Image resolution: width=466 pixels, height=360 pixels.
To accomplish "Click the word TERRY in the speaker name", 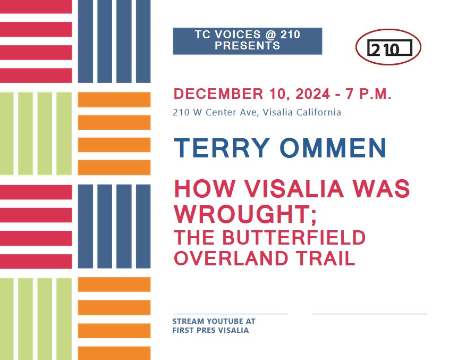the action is pos(222,148).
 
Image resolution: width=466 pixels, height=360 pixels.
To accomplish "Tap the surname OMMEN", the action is pos(333,148).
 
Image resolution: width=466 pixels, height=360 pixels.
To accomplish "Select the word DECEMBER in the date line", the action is pos(218,94).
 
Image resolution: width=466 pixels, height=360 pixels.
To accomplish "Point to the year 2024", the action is pos(312,94).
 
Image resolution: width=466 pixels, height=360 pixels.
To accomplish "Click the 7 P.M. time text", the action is pos(368,94).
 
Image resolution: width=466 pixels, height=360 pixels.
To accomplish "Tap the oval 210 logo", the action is pos(388,47).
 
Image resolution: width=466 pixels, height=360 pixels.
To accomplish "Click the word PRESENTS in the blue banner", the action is pos(247,46).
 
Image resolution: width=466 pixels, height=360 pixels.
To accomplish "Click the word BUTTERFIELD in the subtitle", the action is pos(294,237).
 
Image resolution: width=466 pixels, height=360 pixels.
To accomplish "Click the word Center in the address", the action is pos(219,112).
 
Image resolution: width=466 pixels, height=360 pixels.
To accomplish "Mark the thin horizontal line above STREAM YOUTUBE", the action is pos(231,314).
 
